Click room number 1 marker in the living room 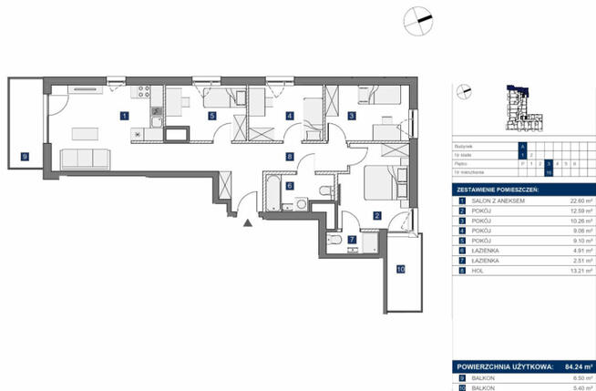(x=124, y=116)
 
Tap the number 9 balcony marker (x=25, y=157)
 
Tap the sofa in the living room (x=85, y=159)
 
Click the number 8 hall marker (x=289, y=157)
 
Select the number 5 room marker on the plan (x=211, y=116)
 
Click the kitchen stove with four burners (x=143, y=91)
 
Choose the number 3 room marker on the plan (x=351, y=116)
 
